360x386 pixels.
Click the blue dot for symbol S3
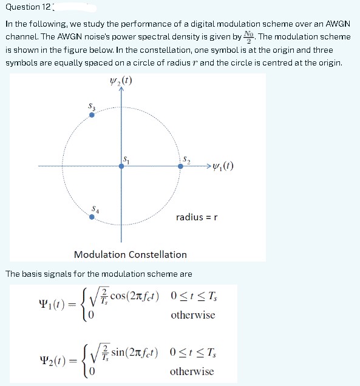[x=92, y=115]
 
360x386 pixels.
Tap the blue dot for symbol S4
[x=92, y=217]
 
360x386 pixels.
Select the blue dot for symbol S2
[x=180, y=165]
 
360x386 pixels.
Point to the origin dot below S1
[x=121, y=166]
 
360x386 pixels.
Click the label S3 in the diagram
[x=92, y=106]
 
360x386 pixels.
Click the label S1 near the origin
[x=127, y=159]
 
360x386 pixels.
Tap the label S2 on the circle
[x=186, y=159]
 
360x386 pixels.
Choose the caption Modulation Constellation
[x=130, y=254]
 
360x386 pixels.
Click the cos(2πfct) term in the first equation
[x=133, y=297]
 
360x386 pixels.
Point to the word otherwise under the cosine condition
[x=192, y=315]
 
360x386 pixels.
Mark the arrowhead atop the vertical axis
[x=121, y=89]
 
